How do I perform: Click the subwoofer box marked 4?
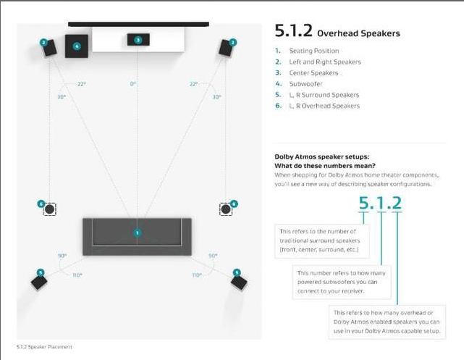coord(77,46)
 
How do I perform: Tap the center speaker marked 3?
coord(138,40)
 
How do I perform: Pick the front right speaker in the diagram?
coord(227,47)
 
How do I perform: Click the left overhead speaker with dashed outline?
coord(49,209)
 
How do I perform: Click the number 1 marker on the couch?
coord(137,233)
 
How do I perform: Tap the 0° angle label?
coord(133,84)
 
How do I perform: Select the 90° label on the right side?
coord(213,256)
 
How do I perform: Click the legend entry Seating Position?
coord(313,51)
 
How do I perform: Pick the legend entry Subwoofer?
coord(305,84)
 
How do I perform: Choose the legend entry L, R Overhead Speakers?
coord(324,106)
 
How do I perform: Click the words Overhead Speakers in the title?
coord(358,33)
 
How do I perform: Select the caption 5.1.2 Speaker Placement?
coord(44,347)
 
